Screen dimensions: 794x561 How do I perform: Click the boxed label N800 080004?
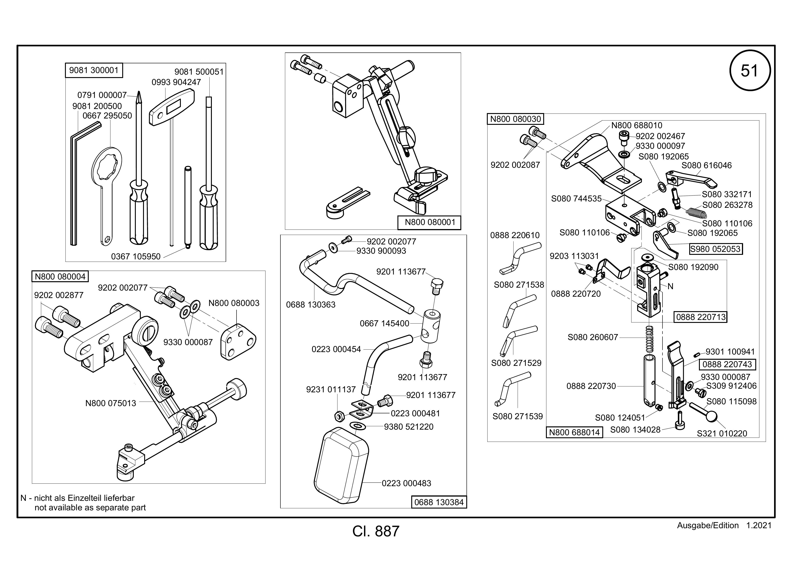(x=60, y=277)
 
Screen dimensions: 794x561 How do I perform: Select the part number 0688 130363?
(x=311, y=305)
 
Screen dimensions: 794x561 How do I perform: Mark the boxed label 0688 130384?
(x=439, y=502)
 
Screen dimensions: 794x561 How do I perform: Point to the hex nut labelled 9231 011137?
(x=339, y=416)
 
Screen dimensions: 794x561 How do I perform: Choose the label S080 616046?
(x=706, y=166)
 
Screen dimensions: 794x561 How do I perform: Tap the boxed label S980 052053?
(x=715, y=249)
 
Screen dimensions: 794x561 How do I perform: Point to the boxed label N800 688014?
(x=574, y=432)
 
